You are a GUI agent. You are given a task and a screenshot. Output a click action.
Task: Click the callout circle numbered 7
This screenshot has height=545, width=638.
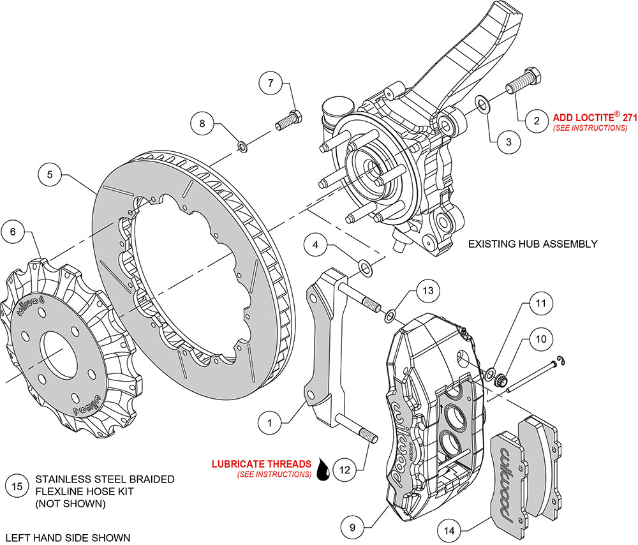tap(271, 83)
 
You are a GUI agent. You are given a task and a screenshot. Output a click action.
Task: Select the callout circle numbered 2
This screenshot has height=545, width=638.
tap(537, 120)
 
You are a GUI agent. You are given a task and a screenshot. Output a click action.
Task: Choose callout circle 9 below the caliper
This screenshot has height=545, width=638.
tap(351, 527)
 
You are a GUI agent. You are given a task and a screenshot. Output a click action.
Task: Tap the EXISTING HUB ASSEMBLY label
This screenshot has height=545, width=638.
tap(532, 244)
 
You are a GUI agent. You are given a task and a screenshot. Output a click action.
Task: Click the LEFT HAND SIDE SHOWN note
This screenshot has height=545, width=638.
tap(67, 537)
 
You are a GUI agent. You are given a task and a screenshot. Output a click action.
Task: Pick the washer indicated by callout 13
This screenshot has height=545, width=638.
tap(389, 315)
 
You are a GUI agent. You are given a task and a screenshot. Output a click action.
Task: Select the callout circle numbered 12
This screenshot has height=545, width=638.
tap(345, 470)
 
